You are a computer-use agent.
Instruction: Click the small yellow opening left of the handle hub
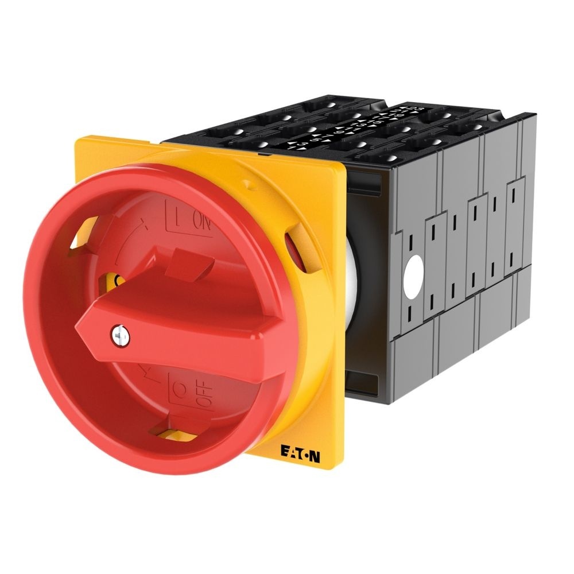(118, 280)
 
